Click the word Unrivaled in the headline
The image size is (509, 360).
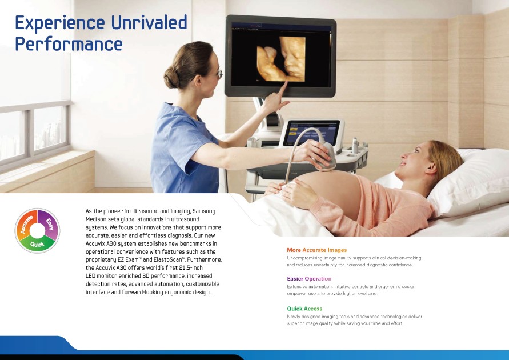(149, 22)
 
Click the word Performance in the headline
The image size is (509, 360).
(69, 44)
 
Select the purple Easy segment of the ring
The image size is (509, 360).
(49, 223)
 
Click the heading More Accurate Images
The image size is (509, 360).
(317, 250)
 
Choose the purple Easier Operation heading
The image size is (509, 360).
(309, 278)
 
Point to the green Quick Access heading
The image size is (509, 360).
(304, 309)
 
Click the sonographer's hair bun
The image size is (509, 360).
(171, 77)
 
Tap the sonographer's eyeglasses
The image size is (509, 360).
(217, 74)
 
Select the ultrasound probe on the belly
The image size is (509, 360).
(326, 157)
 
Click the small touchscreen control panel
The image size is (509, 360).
(312, 133)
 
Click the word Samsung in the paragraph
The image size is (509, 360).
(204, 211)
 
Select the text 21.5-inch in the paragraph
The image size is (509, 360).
(191, 268)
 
